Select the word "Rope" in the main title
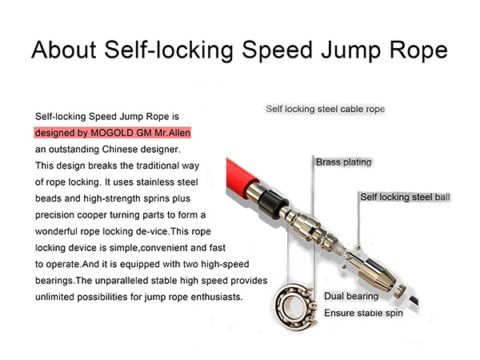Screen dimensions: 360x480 tap(415, 50)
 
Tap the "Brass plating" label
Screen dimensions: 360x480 tap(344, 162)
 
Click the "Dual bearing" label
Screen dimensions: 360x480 tap(350, 297)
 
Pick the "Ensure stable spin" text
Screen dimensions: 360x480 tap(362, 313)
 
